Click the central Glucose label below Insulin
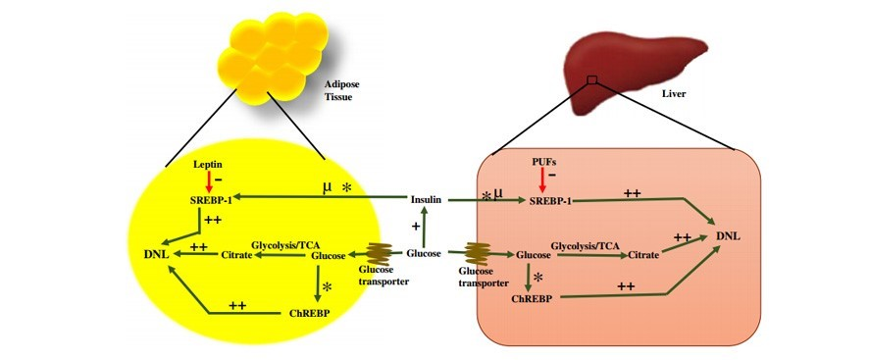pos(424,253)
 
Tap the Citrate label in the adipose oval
pos(235,255)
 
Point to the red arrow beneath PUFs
pos(542,177)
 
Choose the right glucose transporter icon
pos(478,254)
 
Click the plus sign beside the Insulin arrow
pos(414,227)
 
